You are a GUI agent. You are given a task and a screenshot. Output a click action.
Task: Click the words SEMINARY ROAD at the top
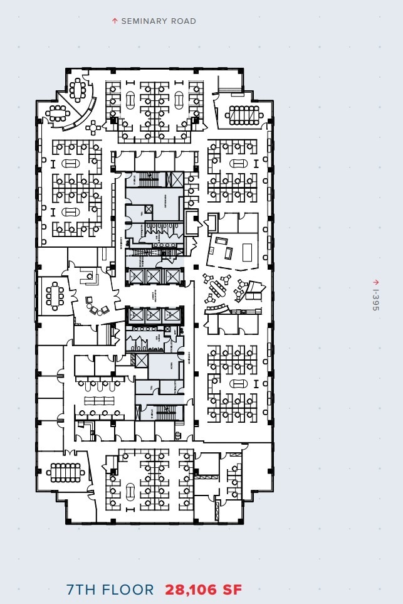point(158,21)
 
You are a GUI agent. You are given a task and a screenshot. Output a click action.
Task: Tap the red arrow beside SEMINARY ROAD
point(115,21)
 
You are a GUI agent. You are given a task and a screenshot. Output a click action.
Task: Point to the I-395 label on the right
point(375,300)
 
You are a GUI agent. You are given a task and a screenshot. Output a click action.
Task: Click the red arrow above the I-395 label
point(375,283)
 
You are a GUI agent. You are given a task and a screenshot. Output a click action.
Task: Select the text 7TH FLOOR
point(110,590)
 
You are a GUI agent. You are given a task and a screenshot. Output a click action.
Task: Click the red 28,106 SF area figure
point(203,590)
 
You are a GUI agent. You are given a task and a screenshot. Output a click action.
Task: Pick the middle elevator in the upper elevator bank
point(154,275)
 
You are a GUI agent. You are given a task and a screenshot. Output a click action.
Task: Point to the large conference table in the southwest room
point(65,470)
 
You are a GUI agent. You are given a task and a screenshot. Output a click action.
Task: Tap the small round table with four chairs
point(93,127)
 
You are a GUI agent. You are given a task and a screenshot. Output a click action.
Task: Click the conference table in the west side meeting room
point(55,296)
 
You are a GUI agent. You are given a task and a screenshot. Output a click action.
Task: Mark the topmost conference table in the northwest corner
point(78,89)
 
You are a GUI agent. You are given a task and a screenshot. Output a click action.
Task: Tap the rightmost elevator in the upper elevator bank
point(171,275)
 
